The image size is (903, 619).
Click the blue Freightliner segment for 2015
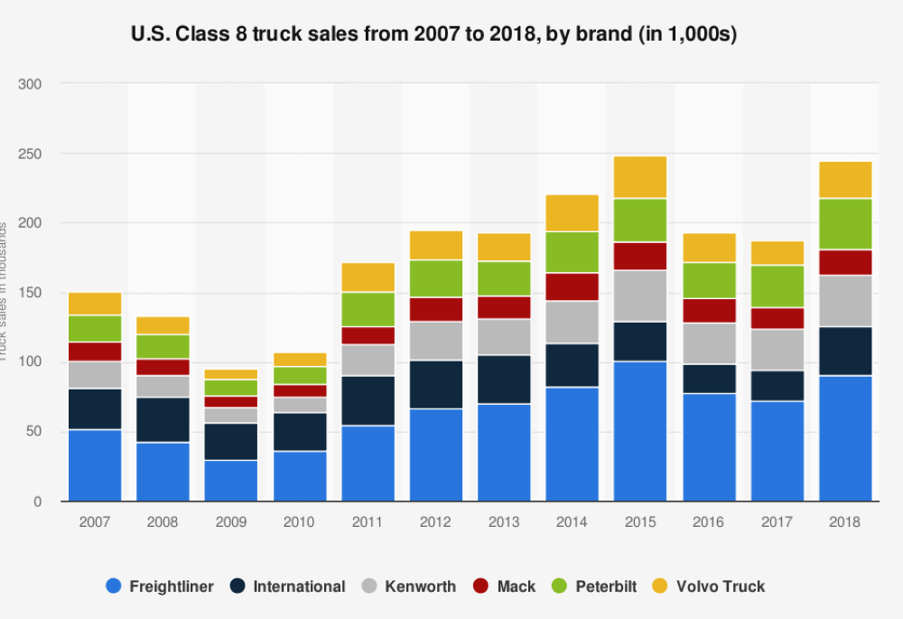(x=640, y=431)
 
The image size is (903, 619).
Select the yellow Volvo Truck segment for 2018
(x=846, y=180)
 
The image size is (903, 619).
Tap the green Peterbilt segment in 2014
(x=572, y=252)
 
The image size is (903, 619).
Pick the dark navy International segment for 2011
(x=368, y=400)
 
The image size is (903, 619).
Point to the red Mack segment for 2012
(x=436, y=309)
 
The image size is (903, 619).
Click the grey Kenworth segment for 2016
(x=709, y=343)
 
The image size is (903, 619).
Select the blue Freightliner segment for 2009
(x=231, y=480)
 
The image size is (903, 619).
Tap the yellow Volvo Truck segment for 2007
(x=95, y=304)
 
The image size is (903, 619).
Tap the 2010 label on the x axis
(x=300, y=522)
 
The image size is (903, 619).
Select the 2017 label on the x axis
(x=777, y=522)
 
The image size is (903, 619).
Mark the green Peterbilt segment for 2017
(x=777, y=286)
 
